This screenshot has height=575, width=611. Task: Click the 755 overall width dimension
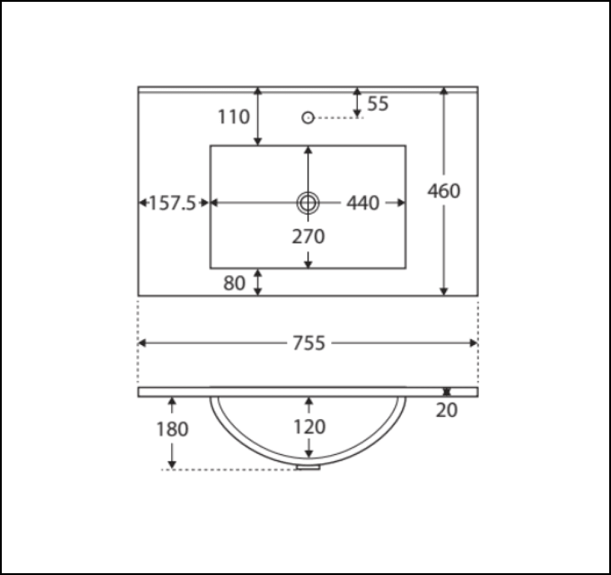[309, 343]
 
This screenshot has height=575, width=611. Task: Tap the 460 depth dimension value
[444, 191]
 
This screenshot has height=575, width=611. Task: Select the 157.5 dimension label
[172, 203]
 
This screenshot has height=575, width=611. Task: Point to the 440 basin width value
[363, 203]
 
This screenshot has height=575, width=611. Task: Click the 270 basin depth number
[308, 236]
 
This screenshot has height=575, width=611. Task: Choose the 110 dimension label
[233, 117]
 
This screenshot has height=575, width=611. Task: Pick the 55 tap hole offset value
[378, 104]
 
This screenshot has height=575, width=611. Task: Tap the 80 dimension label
[234, 283]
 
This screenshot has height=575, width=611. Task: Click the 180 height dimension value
[172, 429]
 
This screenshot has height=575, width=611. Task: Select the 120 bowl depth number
[309, 427]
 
